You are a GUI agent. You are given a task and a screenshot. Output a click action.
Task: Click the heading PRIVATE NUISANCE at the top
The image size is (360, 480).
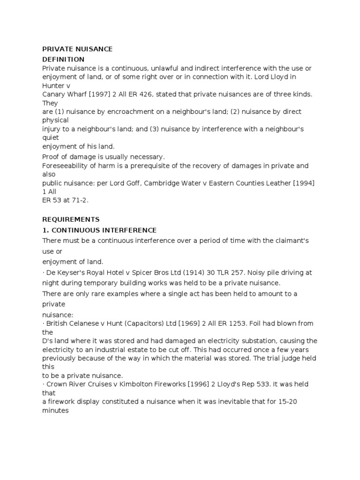click(x=77, y=49)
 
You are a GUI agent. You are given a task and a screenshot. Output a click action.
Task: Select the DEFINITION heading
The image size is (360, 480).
click(x=63, y=60)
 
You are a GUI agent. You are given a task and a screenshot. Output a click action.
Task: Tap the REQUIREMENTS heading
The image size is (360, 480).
click(x=71, y=219)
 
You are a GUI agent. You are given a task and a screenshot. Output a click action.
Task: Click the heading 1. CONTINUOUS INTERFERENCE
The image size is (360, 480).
click(x=99, y=230)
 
